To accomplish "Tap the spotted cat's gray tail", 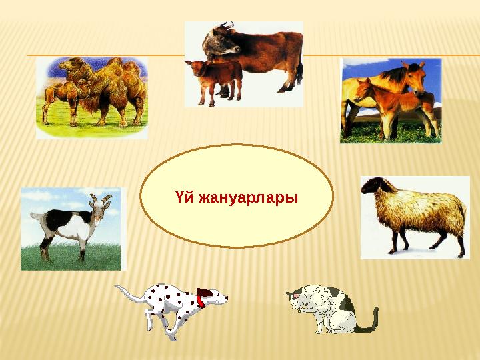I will pos(368,323).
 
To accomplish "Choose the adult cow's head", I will pos(220,40).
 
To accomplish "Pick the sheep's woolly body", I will pos(420,210).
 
